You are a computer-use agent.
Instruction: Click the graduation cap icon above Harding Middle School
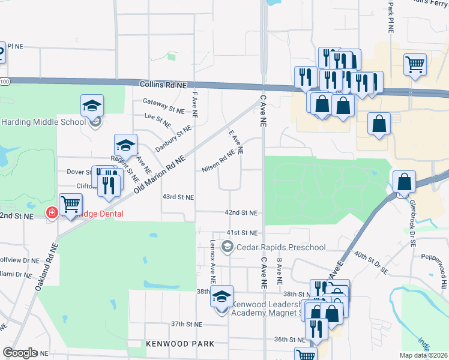(92, 106)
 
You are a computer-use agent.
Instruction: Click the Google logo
(20, 353)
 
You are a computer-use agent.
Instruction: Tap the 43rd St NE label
(178, 197)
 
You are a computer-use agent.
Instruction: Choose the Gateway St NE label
(163, 110)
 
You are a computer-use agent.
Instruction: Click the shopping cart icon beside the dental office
(71, 204)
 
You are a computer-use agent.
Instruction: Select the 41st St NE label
(242, 232)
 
